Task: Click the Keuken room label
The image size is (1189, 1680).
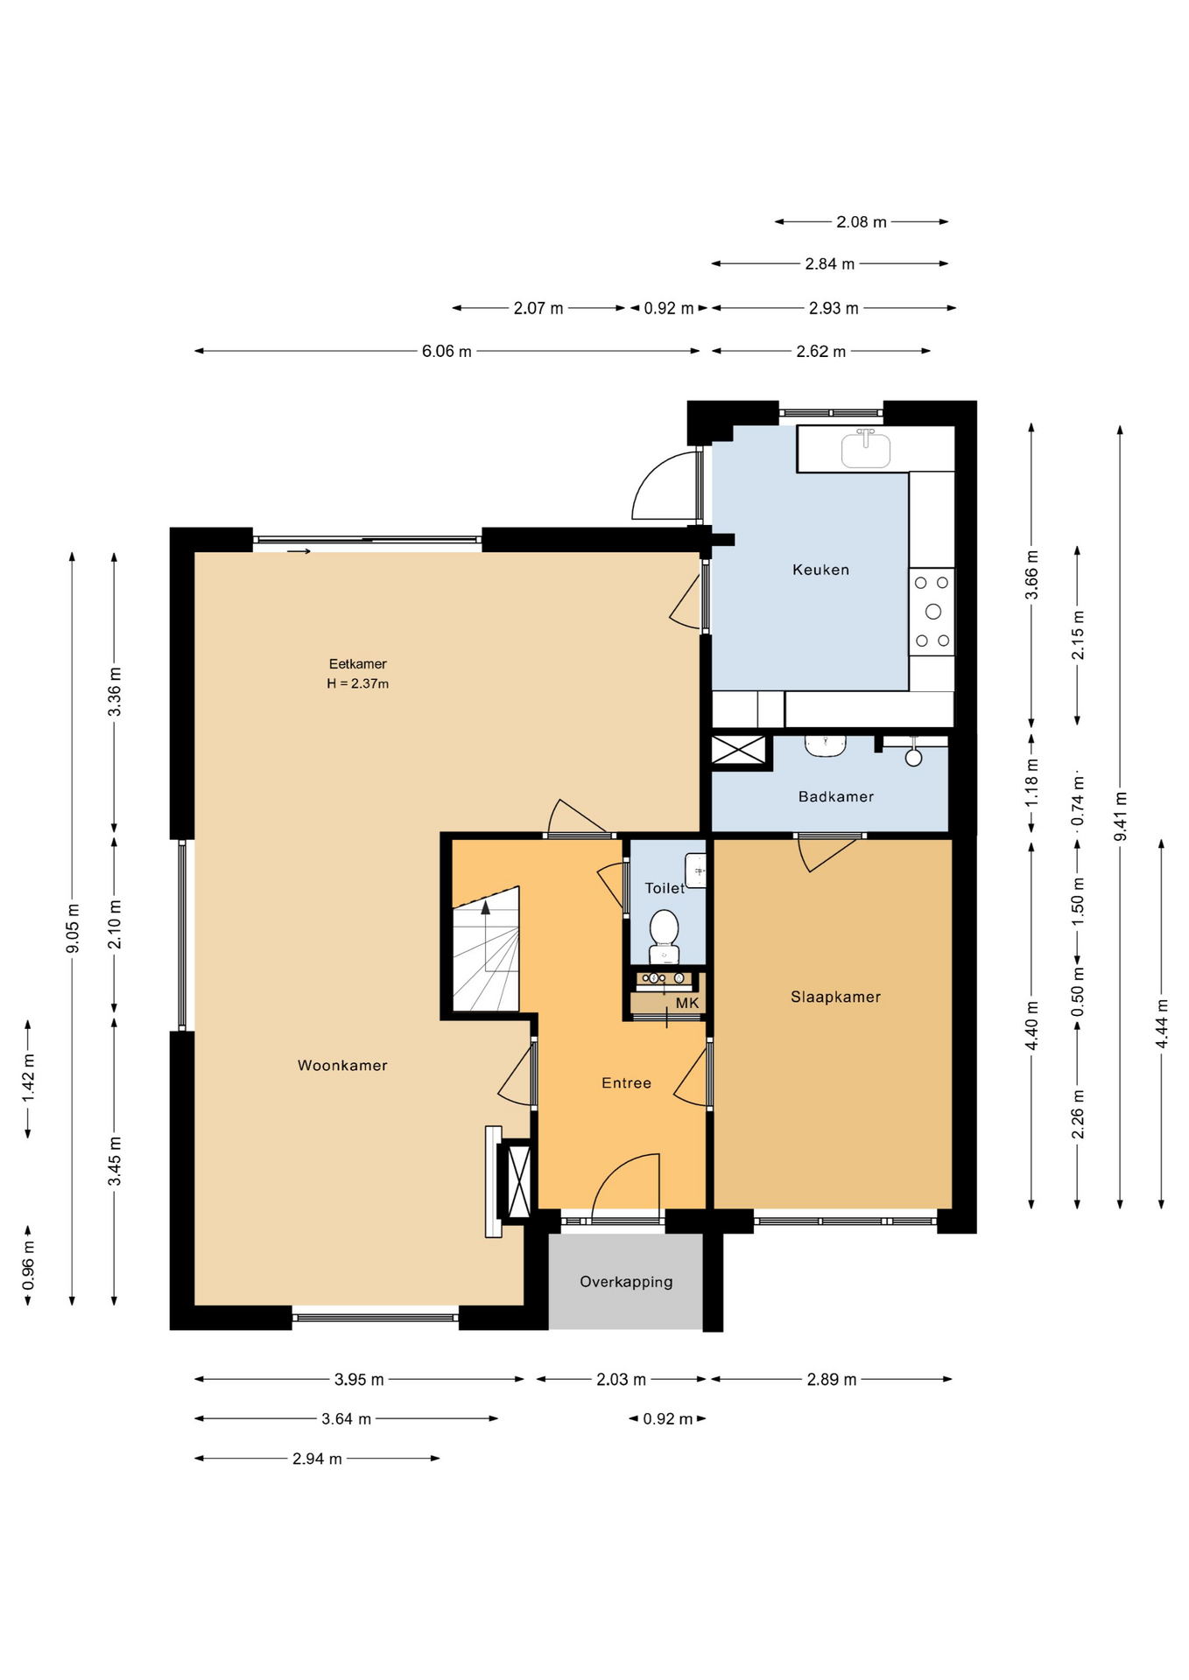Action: click(820, 570)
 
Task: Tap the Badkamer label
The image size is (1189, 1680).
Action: click(835, 796)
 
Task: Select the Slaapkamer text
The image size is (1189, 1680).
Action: click(835, 997)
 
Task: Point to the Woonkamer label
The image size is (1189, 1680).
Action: click(342, 1065)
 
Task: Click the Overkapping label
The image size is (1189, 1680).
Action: click(626, 1282)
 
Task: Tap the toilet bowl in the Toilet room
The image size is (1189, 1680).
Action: click(665, 935)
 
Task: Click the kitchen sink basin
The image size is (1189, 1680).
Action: click(866, 449)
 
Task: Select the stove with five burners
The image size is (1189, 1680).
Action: click(932, 612)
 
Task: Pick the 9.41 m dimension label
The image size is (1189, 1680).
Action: click(1120, 816)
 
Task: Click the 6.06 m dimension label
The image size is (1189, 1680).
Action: click(447, 351)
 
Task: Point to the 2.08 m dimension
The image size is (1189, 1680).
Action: click(862, 221)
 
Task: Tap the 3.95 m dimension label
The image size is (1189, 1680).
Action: click(359, 1379)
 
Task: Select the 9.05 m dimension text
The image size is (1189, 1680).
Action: click(72, 928)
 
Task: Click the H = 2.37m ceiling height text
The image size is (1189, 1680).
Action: click(357, 683)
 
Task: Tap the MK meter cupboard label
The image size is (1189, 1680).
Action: click(687, 1003)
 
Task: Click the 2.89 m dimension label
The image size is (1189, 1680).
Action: click(832, 1379)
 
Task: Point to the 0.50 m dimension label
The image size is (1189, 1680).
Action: click(1078, 990)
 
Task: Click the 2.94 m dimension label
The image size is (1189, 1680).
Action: click(317, 1459)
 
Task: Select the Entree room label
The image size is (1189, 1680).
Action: click(626, 1083)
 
